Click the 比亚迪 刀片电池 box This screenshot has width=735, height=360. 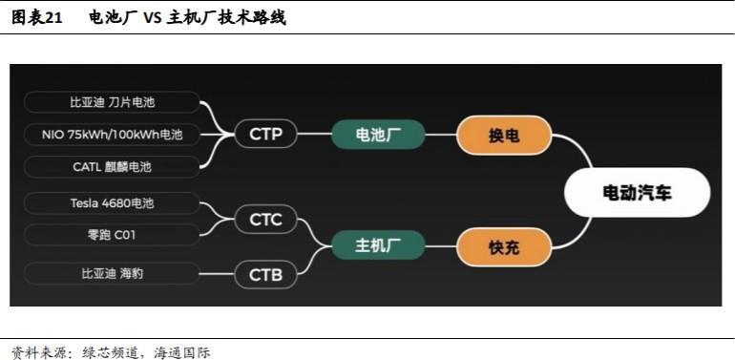[112, 102]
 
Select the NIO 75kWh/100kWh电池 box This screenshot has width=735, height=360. [112, 135]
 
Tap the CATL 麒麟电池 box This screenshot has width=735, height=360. [112, 167]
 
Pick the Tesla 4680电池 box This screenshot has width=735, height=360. [112, 203]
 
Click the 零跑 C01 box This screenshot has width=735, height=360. [112, 235]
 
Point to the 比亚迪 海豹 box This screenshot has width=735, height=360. [112, 274]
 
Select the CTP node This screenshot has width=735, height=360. [265, 135]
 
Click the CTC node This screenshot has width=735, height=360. [265, 221]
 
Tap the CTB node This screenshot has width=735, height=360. [265, 276]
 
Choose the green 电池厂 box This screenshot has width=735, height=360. [377, 135]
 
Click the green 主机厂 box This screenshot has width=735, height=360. [377, 247]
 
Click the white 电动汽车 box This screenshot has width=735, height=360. [637, 193]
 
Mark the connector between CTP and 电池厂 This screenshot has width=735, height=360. [314, 135]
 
